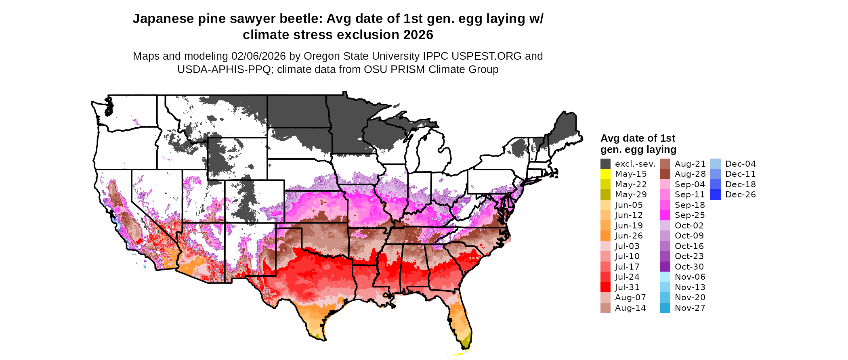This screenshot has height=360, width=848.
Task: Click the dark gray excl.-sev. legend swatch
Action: (x=605, y=164)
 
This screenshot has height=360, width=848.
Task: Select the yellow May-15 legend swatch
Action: (x=605, y=174)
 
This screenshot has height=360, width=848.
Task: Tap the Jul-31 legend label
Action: (x=627, y=287)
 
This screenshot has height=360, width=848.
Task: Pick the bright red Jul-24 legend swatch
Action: (x=605, y=277)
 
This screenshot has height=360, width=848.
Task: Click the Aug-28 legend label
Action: (x=690, y=174)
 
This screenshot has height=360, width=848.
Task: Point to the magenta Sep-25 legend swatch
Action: (x=665, y=215)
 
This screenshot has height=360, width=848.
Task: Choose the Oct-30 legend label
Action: (x=689, y=267)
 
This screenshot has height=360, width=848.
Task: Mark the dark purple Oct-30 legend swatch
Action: (x=665, y=267)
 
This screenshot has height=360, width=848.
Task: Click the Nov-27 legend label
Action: (x=690, y=308)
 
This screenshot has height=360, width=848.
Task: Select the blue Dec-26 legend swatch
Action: (x=715, y=195)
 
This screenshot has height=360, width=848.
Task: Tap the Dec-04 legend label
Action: (x=741, y=164)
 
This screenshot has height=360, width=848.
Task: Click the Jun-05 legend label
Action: (x=629, y=205)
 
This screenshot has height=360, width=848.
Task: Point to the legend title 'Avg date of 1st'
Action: (x=638, y=138)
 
